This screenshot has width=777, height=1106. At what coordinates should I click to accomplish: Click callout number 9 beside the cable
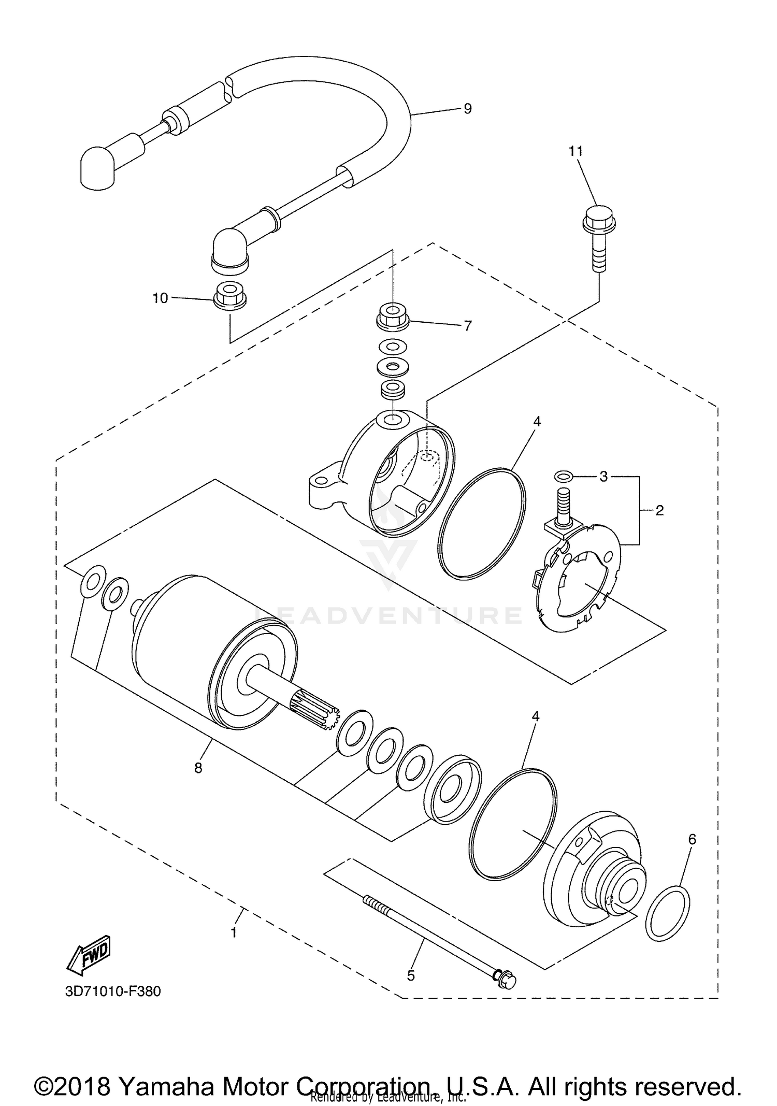(x=467, y=108)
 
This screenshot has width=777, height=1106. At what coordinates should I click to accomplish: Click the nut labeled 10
(x=230, y=295)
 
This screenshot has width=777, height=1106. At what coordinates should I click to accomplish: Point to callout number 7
(x=467, y=326)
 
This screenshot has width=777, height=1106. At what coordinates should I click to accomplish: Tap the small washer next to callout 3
(x=563, y=476)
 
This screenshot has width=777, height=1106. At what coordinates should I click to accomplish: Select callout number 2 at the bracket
(x=659, y=510)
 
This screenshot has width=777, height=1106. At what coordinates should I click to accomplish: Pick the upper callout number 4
(x=537, y=422)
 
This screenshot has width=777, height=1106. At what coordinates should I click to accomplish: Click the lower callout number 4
(x=536, y=716)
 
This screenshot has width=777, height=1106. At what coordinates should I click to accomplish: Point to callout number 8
(x=198, y=768)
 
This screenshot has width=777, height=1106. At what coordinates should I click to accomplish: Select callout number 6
(x=693, y=839)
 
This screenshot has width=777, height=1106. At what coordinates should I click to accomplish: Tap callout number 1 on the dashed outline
(x=234, y=932)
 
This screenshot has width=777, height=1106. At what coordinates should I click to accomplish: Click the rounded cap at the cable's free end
(x=97, y=168)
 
